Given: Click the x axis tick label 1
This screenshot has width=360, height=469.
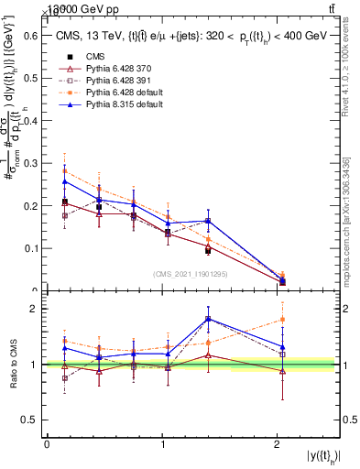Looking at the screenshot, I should [x=161, y=444].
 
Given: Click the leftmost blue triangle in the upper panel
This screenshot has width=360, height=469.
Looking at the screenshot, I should [x=64, y=181].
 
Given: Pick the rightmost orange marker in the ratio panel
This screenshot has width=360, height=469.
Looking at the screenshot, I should [x=281, y=320].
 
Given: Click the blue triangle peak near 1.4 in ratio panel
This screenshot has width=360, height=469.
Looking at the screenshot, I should [x=209, y=319].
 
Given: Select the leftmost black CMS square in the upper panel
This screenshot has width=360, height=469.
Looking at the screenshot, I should [x=64, y=202].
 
